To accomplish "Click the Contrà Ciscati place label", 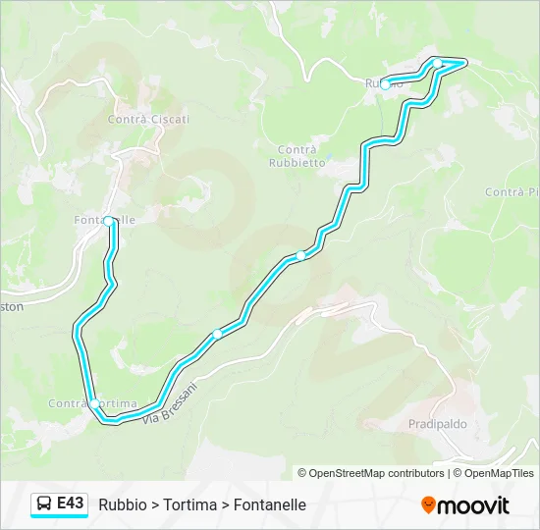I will (148, 119).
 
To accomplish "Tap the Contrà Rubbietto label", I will (296, 156).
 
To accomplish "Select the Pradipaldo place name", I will (437, 424).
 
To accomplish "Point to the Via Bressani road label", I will (170, 404).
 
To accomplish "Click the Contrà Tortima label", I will (92, 403).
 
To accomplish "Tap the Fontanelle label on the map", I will (104, 221).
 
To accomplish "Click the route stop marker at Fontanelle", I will (109, 222).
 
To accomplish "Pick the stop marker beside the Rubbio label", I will (385, 83).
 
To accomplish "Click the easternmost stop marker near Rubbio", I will (438, 64).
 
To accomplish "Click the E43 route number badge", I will (70, 503).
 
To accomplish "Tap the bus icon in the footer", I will (44, 504).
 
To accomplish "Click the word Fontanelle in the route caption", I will (270, 504).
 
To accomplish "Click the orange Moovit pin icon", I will (428, 505).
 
